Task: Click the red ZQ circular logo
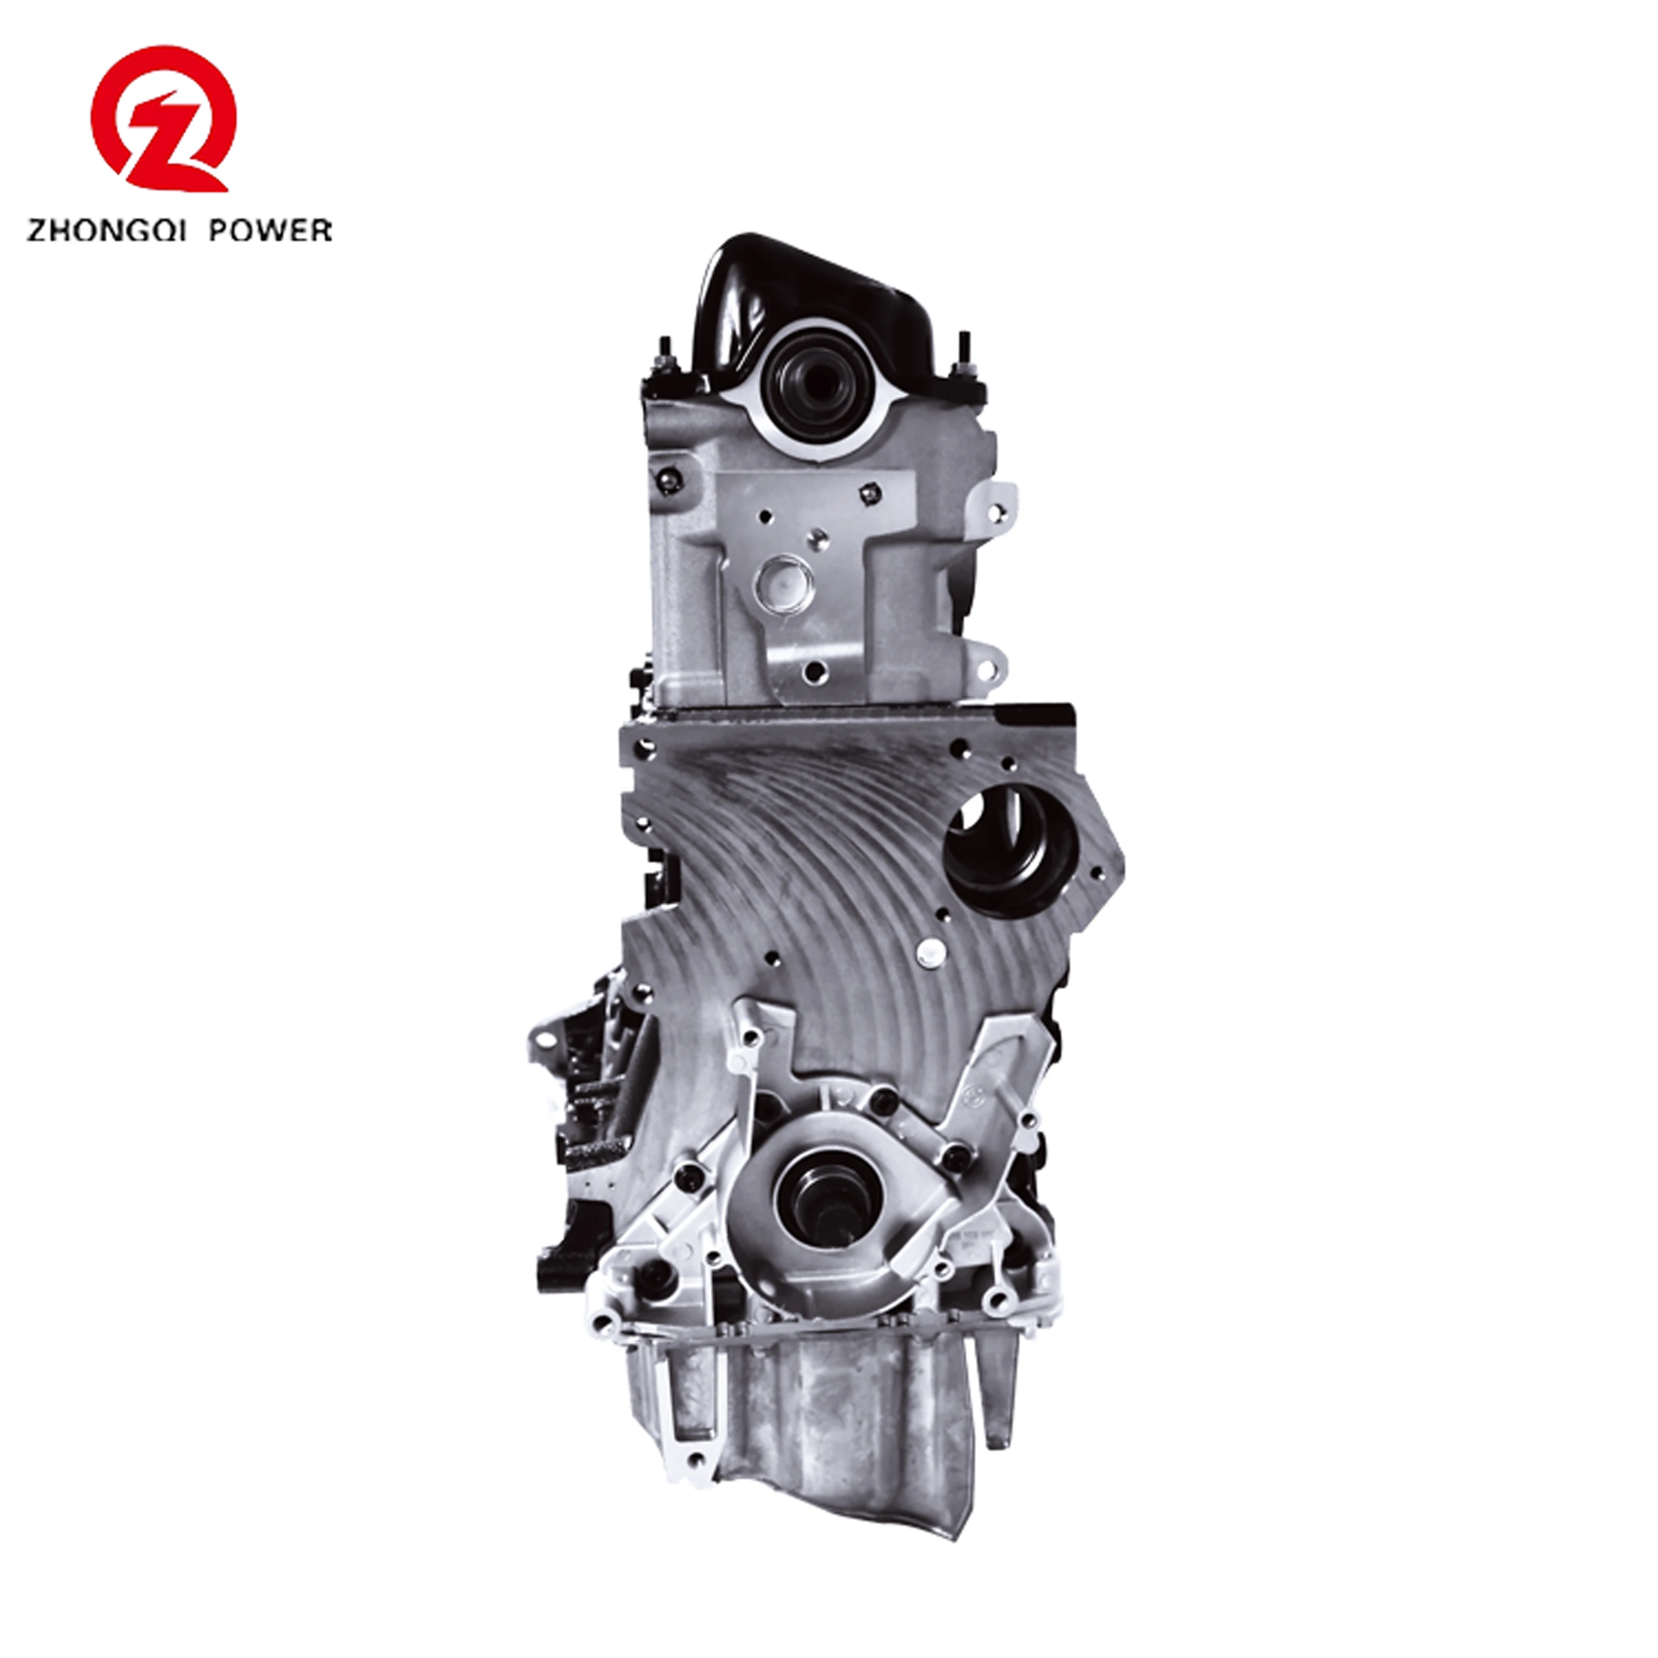163,119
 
